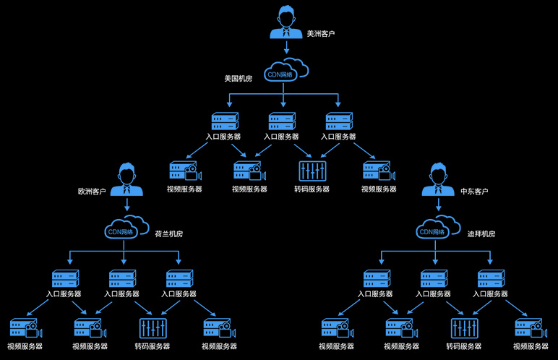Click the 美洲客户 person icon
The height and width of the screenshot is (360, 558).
286,23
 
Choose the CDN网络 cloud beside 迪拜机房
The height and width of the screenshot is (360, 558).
437,231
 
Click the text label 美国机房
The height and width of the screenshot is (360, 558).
239,77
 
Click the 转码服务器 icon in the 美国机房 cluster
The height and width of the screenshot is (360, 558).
312,171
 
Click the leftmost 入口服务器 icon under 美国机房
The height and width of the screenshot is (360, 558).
224,121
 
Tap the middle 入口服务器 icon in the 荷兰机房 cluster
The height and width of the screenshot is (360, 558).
122,278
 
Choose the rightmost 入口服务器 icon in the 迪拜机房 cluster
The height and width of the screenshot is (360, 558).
492,278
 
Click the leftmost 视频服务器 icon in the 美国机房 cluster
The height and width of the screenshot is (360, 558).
184,171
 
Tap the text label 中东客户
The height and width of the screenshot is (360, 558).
475,192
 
